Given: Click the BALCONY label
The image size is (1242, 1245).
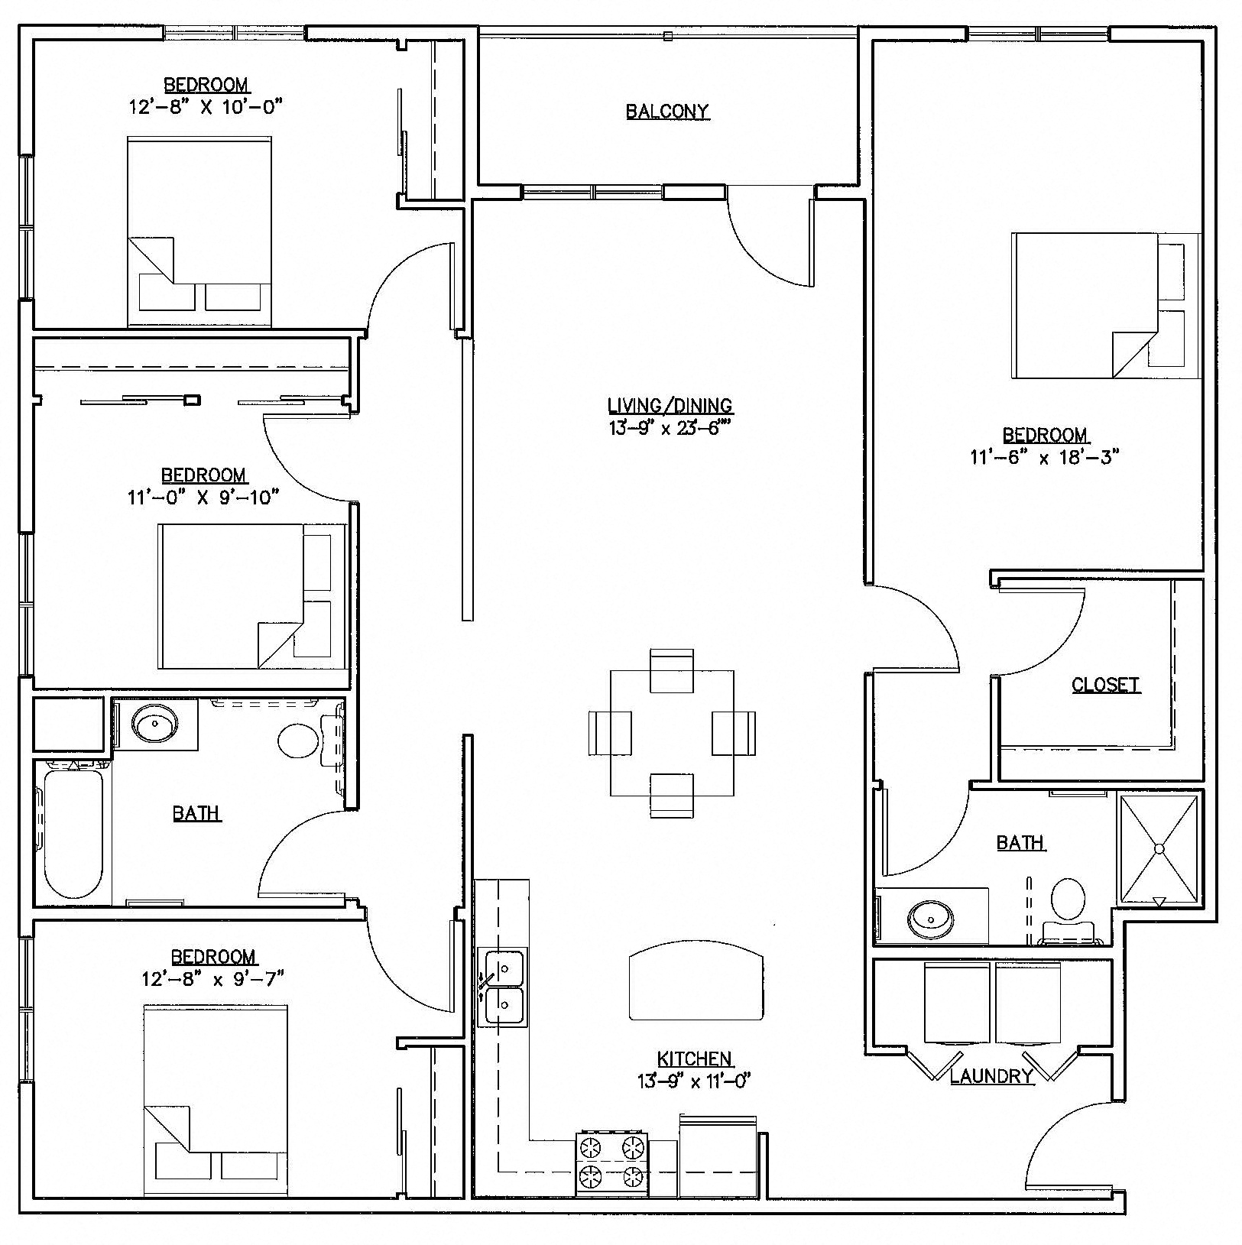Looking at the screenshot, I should (667, 112).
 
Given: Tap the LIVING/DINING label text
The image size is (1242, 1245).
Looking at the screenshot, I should (670, 405).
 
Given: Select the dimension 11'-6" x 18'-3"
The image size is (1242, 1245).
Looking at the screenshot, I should (1044, 458).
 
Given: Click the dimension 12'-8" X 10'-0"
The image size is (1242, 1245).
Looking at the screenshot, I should (206, 106).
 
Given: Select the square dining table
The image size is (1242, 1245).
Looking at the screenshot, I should (672, 732).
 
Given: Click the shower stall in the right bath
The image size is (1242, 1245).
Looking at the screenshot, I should (1159, 848).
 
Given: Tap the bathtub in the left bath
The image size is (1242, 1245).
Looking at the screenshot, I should (73, 833).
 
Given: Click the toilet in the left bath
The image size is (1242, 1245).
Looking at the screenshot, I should (299, 741).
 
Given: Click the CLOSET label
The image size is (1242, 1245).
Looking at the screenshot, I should (1105, 685).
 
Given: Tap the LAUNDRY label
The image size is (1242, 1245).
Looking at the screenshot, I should (991, 1076).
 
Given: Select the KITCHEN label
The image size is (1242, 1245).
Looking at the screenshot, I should (695, 1059).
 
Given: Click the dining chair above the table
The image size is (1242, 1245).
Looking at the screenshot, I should (671, 670).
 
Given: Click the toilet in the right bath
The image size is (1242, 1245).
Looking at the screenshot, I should (1069, 902).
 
